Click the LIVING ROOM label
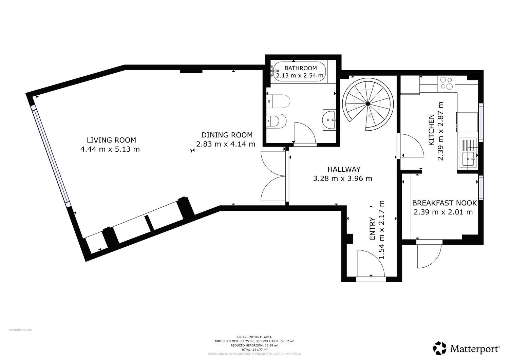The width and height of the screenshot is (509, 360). click(x=111, y=140)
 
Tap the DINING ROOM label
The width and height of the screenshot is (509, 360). click(x=227, y=135)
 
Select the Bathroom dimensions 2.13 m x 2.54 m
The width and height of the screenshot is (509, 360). click(x=300, y=75)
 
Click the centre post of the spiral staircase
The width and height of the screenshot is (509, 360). click(x=367, y=103)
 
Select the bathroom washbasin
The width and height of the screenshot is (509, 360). click(x=329, y=120)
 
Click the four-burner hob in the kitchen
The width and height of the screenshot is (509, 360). click(x=446, y=83)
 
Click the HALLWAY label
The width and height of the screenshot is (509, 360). click(x=344, y=169)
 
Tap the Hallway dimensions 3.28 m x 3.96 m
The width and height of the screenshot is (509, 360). click(x=343, y=178)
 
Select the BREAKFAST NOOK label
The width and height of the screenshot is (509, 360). click(x=445, y=203)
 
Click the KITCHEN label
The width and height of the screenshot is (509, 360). click(x=431, y=130)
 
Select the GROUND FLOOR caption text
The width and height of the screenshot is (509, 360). click(x=20, y=330)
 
